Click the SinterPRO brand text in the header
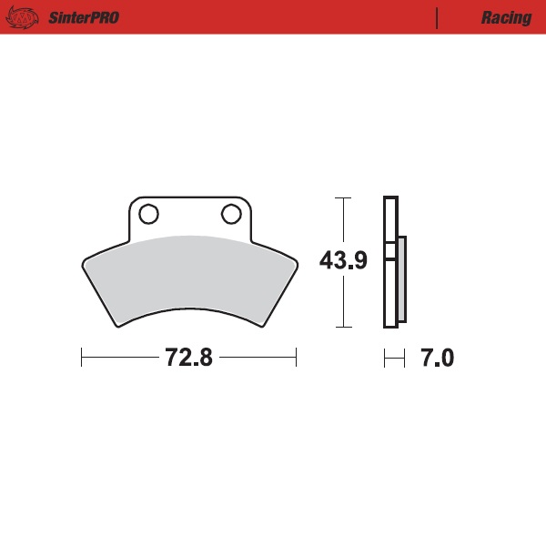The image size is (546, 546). pos(83,17)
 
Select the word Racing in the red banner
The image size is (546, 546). pos(507,17)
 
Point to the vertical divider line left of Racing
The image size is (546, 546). pos(438,17)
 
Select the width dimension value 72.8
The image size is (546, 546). pos(188,358)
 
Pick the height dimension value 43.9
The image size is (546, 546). pos(343,261)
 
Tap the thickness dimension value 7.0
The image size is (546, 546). pos(436,358)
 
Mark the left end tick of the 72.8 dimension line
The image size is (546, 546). pos(82,358)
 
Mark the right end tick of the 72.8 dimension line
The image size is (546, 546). pos(297,358)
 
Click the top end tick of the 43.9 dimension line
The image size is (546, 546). pos(343,197)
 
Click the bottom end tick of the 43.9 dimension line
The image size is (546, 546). pos(343,327)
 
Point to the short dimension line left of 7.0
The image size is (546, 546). pos(393,358)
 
